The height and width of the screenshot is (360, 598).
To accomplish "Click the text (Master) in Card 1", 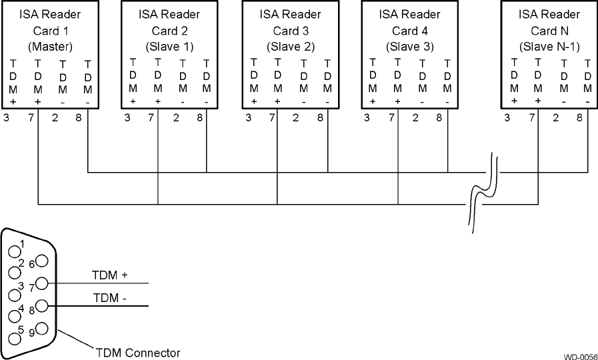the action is click(50, 47).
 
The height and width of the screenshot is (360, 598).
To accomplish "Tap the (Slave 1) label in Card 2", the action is click(170, 47).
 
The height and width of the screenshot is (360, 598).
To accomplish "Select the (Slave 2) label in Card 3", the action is click(291, 47).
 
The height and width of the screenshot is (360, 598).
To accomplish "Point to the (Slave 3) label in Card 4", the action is click(410, 47).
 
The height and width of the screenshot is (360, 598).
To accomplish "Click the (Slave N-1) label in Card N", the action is click(550, 47).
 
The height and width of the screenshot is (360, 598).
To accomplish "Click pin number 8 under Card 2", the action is click(200, 118).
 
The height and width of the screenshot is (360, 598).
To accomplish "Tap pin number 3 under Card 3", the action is click(249, 118).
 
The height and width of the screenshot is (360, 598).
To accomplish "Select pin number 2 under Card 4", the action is click(415, 118).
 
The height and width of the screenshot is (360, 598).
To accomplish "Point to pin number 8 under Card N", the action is click(579, 118).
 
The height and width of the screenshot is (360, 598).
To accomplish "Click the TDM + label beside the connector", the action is click(110, 275).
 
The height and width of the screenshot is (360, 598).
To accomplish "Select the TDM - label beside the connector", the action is click(110, 298).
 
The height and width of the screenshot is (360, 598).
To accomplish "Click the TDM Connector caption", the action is click(138, 353).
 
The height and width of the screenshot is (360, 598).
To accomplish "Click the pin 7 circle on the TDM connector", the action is click(42, 283).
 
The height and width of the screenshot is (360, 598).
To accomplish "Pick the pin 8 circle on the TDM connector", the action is click(42, 306).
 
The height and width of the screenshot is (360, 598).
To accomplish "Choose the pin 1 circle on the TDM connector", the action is click(14, 251).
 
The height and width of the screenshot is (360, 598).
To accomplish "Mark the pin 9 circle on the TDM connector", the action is click(42, 329).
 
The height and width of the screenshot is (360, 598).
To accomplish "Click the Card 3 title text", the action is click(291, 31).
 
